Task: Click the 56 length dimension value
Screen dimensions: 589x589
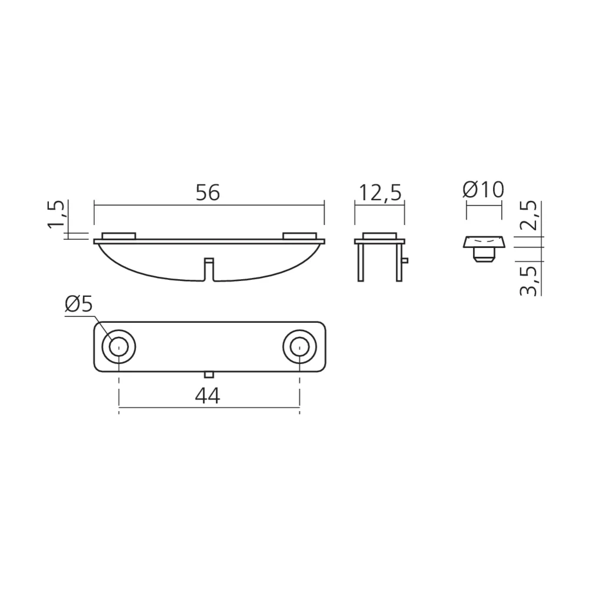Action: (x=208, y=193)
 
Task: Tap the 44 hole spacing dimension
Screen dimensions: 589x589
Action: (x=208, y=396)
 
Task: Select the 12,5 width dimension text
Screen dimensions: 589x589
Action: (x=380, y=193)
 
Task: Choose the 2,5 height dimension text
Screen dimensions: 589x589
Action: (x=531, y=215)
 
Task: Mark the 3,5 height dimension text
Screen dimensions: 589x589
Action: (x=531, y=281)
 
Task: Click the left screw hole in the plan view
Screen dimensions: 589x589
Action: (x=119, y=347)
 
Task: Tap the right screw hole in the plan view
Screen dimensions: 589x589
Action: (x=299, y=347)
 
